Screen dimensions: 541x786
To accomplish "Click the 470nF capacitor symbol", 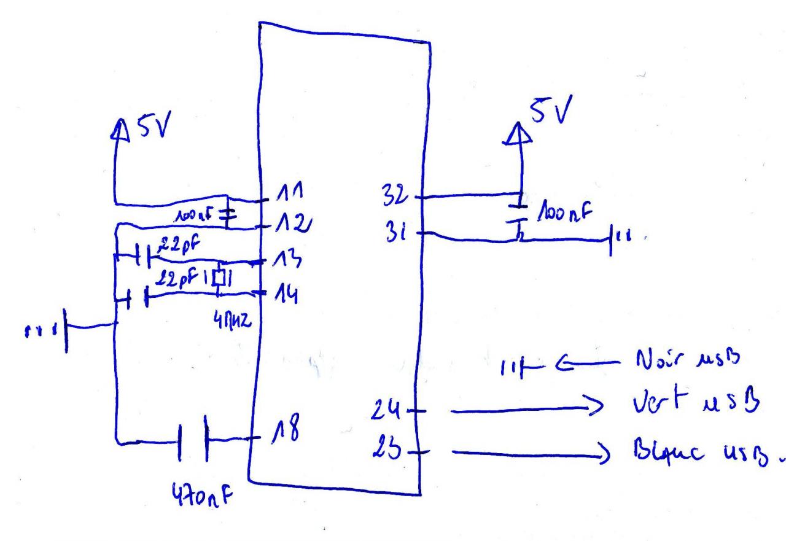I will pos(192,440).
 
